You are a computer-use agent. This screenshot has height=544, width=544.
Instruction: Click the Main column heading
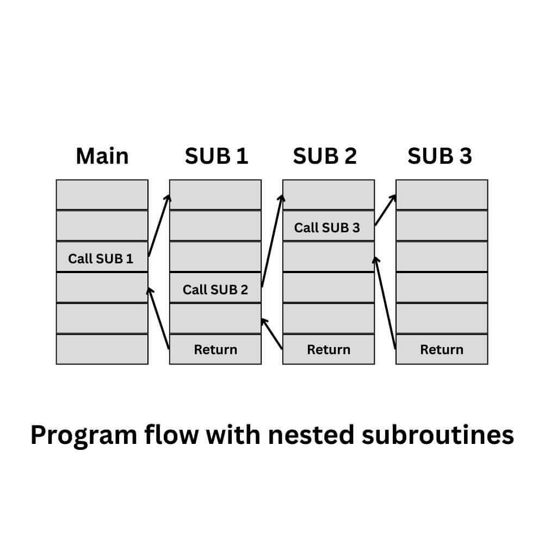coord(102,156)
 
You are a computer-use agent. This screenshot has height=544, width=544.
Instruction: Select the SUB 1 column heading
coord(216,156)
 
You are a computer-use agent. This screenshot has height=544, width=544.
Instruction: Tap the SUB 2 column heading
coord(325,156)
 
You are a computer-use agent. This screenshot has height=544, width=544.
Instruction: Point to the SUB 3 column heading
coord(440,156)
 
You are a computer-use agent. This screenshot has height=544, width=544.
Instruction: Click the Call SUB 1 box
coord(102,257)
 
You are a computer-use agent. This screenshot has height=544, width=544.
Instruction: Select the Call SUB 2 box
coord(215,288)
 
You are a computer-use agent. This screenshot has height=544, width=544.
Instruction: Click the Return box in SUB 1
coord(215,349)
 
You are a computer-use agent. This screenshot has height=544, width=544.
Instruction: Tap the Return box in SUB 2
coord(329,349)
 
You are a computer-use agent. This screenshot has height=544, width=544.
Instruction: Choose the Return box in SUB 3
coord(442,349)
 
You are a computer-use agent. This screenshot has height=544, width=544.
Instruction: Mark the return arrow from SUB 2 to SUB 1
coord(272,333)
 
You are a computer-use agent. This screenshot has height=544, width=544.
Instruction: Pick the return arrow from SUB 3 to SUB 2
coord(385,302)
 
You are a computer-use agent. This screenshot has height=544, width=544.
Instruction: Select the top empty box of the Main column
coord(102,195)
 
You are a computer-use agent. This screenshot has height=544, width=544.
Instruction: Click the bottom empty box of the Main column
coord(102,349)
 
